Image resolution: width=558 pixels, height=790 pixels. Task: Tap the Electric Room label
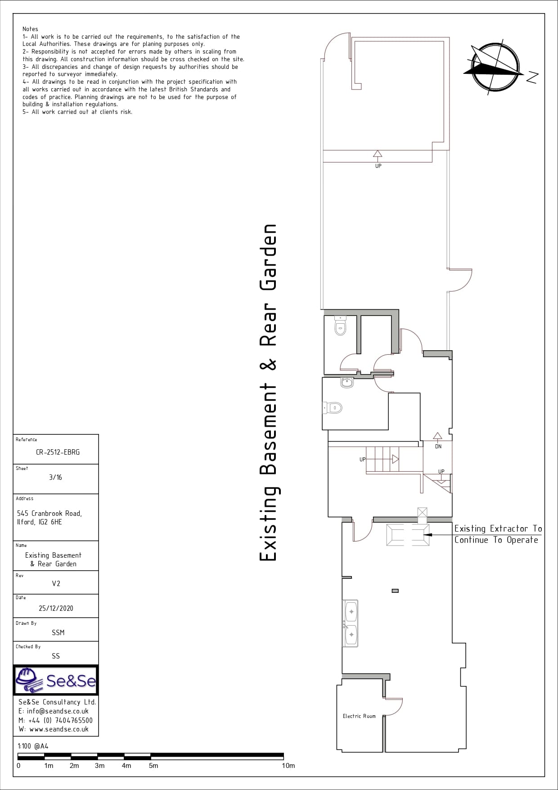coord(359,716)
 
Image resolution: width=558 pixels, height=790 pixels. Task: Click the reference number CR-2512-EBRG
coord(58,452)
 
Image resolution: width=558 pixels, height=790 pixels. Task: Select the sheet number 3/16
coord(55,477)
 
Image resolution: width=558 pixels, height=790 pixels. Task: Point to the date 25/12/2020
coord(56,608)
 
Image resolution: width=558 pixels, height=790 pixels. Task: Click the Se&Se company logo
coord(56,680)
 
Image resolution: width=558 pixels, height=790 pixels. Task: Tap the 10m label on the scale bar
coord(288,766)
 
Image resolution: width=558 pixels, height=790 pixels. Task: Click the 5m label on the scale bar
coord(153,766)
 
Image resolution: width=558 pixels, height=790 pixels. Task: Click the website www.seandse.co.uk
coord(59,729)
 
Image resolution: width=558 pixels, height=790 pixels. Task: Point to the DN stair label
coord(438,447)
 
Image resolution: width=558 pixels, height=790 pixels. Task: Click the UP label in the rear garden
coord(378,166)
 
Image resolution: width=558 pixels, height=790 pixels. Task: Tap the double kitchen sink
coord(351,623)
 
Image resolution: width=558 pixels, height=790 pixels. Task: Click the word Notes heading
coord(30,29)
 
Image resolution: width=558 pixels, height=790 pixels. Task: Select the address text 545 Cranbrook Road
coord(49,513)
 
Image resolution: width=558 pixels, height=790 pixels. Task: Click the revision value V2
coord(56,583)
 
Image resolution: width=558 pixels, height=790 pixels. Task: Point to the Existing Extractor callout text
coord(498,534)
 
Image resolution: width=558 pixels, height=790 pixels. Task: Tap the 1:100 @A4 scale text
coord(33,746)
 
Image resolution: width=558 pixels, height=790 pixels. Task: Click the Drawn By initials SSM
coord(58,632)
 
